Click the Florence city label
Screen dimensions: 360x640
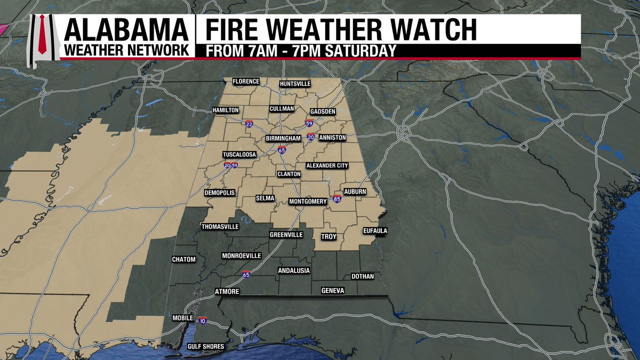(x=245, y=82)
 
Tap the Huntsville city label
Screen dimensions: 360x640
(x=295, y=84)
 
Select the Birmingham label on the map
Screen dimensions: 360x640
(x=284, y=139)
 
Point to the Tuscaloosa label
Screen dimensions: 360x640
(x=239, y=155)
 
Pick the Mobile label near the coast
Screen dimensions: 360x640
(x=183, y=318)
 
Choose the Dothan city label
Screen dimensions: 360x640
(x=363, y=276)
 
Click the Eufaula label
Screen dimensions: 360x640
(x=374, y=231)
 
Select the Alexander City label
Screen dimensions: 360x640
(x=327, y=166)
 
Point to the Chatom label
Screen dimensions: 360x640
(x=184, y=260)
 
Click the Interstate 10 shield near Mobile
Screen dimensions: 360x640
(x=202, y=321)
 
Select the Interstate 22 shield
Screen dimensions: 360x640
(x=250, y=124)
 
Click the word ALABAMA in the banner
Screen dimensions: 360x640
(x=126, y=29)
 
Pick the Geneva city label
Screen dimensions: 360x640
(x=333, y=291)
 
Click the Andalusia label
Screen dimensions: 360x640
(x=294, y=271)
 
